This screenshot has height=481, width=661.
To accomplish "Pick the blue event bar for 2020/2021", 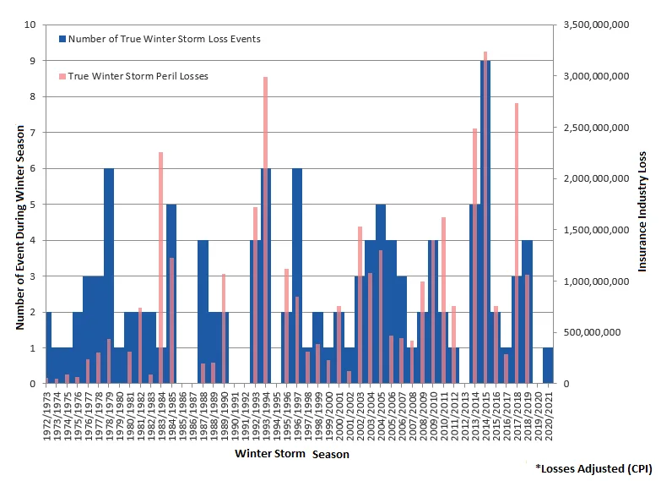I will (548, 365).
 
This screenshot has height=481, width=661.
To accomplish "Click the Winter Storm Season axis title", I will (292, 455).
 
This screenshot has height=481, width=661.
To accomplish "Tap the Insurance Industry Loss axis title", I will (642, 211).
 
